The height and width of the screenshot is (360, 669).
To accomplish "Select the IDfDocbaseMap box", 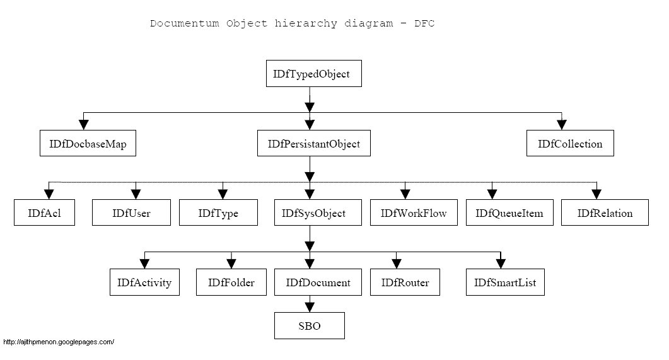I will click(88, 144).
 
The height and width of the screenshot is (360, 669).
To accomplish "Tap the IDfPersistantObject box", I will click(309, 144).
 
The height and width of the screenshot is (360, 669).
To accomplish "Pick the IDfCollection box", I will click(570, 144).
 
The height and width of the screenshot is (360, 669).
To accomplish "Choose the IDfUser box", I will click(131, 213).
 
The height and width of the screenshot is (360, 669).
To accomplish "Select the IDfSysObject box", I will click(309, 213).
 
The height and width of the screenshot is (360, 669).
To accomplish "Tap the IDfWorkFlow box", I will click(413, 213).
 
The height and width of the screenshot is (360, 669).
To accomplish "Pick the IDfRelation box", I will click(605, 213).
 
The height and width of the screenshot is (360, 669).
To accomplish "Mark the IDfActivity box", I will click(144, 282).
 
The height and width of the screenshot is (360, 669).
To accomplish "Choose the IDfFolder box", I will click(231, 282).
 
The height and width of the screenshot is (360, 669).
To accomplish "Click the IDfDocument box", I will click(318, 282).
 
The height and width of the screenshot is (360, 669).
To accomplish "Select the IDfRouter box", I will click(405, 282).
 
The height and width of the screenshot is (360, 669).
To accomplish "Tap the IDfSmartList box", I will click(505, 282).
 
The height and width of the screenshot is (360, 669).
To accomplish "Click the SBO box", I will click(309, 327).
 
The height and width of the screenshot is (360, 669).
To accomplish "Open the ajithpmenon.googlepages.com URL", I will click(58, 342).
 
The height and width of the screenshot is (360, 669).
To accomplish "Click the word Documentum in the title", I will click(180, 24).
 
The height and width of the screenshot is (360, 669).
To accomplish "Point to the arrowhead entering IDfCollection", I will click(561, 124).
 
